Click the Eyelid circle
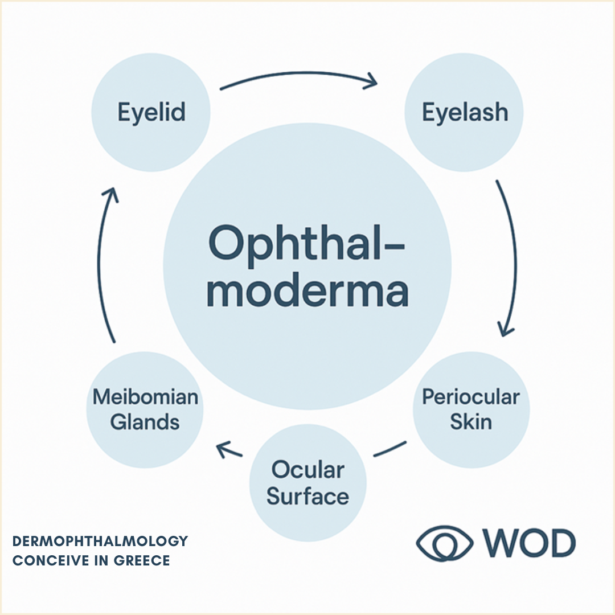pos(151,113)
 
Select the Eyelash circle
pos(464,113)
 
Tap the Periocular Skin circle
pos(471,410)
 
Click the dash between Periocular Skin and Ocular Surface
pos(390,449)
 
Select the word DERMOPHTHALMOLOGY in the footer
pos(100,540)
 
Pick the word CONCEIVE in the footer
pos(47,560)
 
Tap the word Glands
pos(145,422)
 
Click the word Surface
pos(308,497)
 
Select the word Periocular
pos(471,397)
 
